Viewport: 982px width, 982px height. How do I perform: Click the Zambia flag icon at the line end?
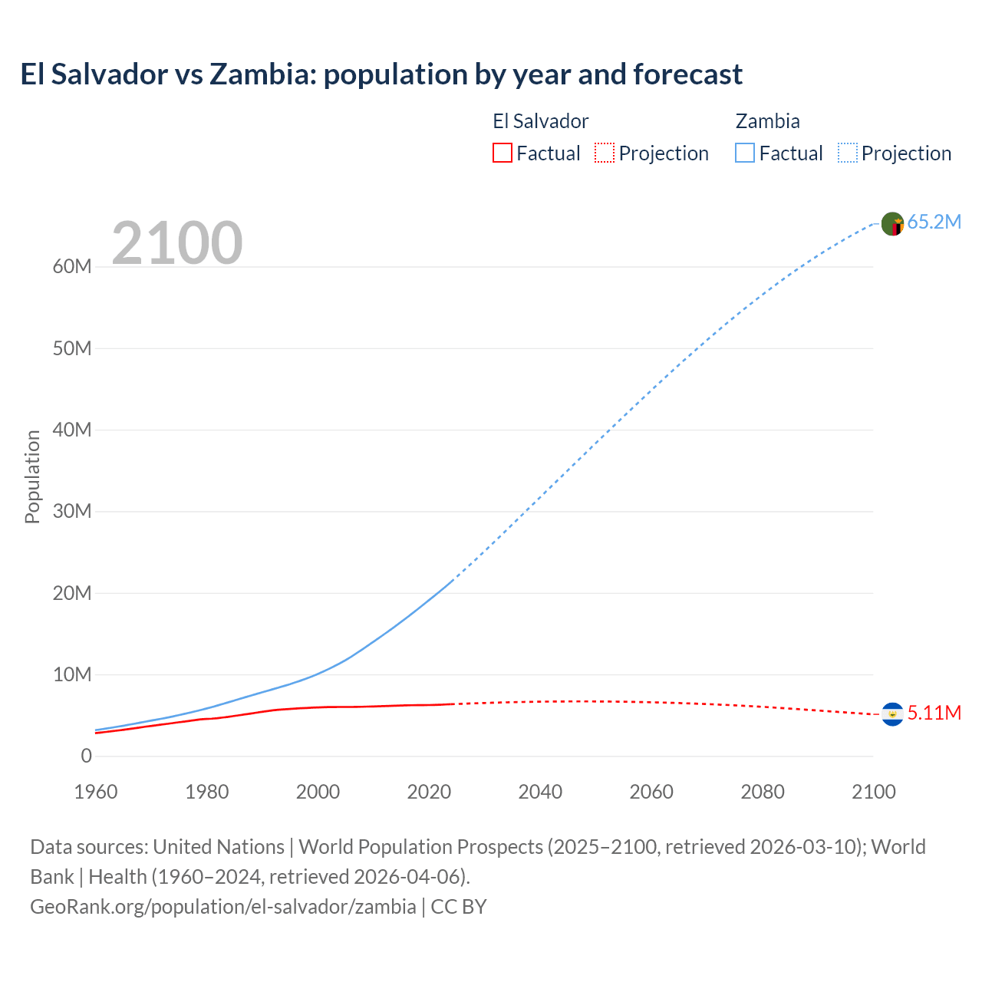click(892, 224)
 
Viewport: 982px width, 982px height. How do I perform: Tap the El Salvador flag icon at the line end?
click(892, 714)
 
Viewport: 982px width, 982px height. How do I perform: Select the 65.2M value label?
click(934, 222)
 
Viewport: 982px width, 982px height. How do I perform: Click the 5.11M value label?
click(934, 713)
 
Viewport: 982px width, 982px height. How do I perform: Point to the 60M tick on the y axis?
click(72, 267)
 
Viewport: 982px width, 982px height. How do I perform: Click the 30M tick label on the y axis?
click(72, 512)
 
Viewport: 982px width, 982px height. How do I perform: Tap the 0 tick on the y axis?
click(86, 756)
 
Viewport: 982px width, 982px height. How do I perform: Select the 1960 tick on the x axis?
click(96, 792)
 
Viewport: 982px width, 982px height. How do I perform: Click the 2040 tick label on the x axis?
click(540, 792)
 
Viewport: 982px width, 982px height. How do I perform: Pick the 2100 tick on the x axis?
click(873, 792)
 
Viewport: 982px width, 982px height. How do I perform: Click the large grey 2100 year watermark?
click(177, 243)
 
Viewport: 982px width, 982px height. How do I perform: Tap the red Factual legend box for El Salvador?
click(502, 153)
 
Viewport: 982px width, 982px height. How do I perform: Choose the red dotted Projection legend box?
click(605, 153)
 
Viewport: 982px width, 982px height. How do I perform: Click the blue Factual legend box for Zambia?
click(744, 153)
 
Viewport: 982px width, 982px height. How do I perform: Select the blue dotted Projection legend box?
click(847, 153)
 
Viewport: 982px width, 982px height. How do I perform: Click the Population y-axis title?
click(32, 476)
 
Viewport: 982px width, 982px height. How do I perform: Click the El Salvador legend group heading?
click(540, 121)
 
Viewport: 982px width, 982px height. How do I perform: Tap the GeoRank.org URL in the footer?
click(222, 907)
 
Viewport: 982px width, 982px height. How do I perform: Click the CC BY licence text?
click(459, 907)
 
